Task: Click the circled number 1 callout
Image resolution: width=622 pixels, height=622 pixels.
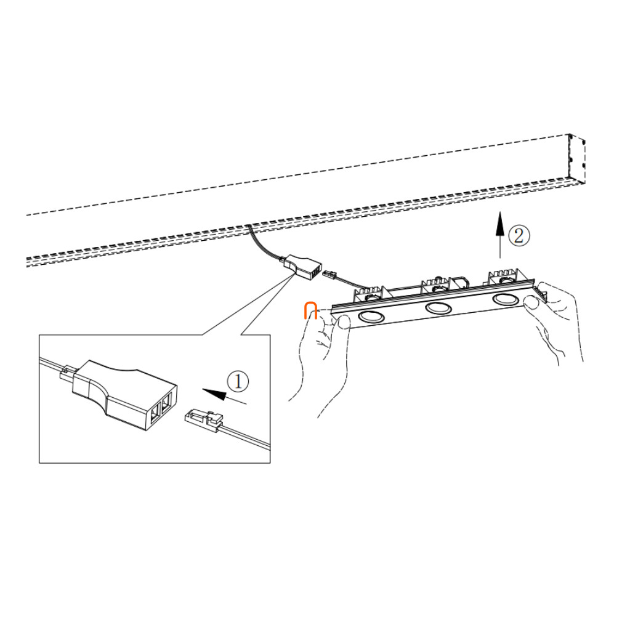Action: pos(238,381)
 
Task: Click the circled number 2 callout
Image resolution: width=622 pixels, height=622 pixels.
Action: pos(519,236)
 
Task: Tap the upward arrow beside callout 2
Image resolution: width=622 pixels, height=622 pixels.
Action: pos(500,235)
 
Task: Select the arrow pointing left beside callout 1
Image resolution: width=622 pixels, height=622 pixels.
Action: pos(225,396)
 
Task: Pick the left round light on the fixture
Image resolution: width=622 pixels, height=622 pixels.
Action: pos(371,316)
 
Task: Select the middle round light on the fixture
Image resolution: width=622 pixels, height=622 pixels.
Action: pos(438,307)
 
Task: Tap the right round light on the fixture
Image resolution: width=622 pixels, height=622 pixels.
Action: pos(505,299)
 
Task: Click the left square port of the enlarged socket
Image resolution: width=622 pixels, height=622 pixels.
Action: pos(154,411)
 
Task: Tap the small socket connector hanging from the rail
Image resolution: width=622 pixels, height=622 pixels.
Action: pos(302,267)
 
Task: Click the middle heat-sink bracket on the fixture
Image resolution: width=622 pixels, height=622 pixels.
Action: pos(437,285)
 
